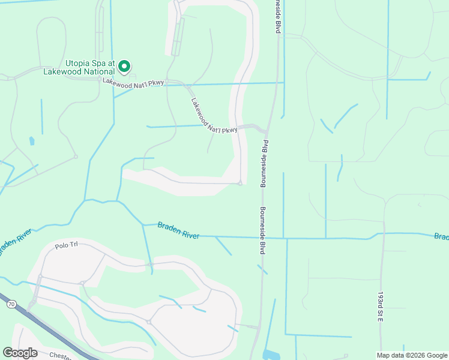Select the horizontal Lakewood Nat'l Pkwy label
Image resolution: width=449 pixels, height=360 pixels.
click(x=133, y=83)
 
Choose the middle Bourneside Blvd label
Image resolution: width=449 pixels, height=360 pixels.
click(x=263, y=163)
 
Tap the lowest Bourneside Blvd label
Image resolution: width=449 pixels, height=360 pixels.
click(x=262, y=232)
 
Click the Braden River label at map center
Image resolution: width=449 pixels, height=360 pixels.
click(x=178, y=230)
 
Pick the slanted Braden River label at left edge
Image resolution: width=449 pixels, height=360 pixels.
click(x=14, y=242)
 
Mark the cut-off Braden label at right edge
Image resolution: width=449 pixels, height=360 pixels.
click(x=441, y=236)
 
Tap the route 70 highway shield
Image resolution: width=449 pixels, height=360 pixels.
click(x=11, y=305)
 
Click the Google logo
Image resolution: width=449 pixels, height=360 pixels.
click(x=20, y=353)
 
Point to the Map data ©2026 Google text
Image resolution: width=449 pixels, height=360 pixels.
click(x=412, y=355)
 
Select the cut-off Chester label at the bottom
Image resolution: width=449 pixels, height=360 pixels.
click(x=60, y=355)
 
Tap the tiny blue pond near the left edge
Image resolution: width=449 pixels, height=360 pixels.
click(x=31, y=141)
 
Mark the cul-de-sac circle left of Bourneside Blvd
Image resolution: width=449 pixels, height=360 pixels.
click(x=240, y=184)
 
